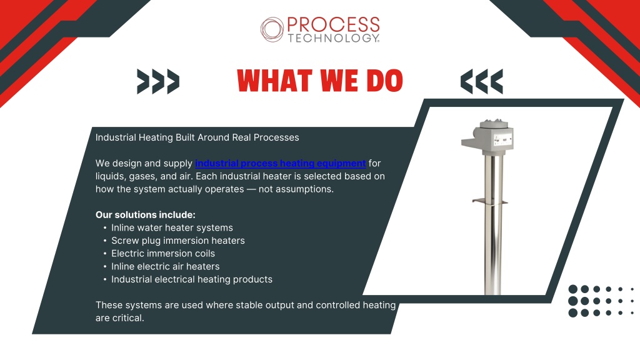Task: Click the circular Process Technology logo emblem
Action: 272,29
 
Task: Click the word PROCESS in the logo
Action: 334,24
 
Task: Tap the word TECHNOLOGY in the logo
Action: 333,38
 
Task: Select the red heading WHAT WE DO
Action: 320,81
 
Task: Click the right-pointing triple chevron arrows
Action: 158,82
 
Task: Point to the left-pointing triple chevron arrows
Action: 482,82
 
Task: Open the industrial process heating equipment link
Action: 281,163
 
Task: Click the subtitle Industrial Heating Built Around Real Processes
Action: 197,137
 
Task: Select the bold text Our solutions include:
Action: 145,215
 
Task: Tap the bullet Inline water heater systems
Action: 172,227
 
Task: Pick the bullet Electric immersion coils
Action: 163,254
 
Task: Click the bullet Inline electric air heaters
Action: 165,266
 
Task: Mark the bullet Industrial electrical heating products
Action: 192,279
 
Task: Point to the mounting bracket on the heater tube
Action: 489,201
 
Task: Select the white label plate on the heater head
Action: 503,139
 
